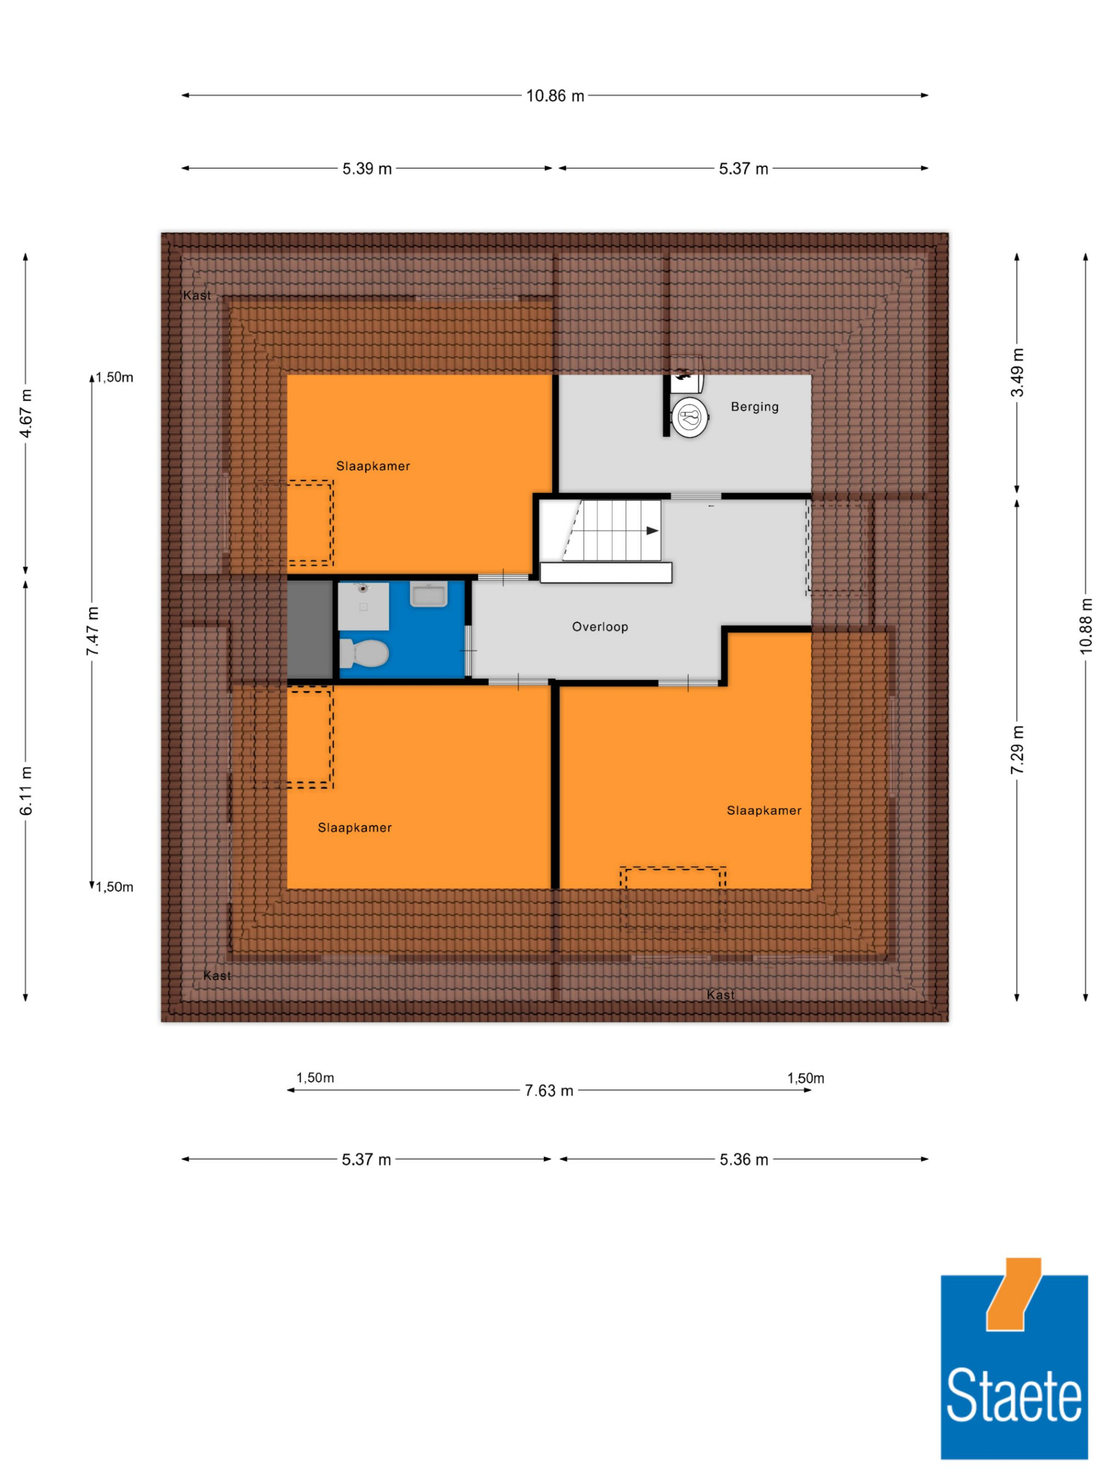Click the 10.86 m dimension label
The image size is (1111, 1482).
[x=555, y=96]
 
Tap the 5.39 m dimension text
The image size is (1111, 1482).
[x=367, y=169]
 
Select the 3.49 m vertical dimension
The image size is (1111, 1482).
[x=1017, y=372]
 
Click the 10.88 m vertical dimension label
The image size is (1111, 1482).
[x=1086, y=626]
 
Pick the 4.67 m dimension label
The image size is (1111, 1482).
[x=26, y=413]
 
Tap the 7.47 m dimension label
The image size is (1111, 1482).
[x=93, y=631]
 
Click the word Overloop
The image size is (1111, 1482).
[x=600, y=627]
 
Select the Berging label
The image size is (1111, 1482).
[x=755, y=407]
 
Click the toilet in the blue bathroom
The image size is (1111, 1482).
[x=364, y=653]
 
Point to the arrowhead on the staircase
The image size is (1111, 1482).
[x=652, y=531]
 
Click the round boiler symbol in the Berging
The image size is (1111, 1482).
[x=690, y=417]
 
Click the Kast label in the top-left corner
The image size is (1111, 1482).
[x=197, y=296]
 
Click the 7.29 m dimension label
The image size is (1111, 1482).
[x=1017, y=750]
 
